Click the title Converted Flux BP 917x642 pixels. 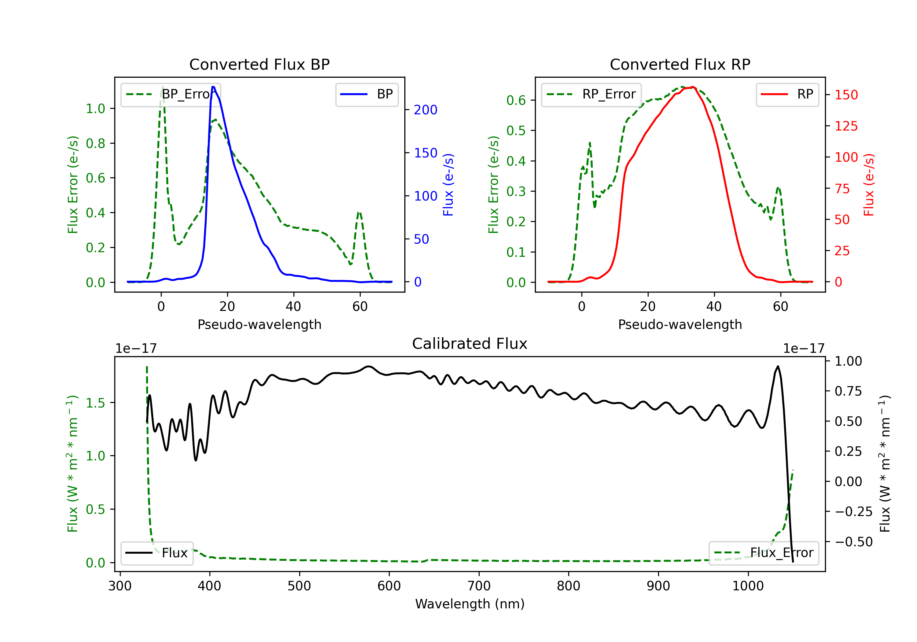point(260,64)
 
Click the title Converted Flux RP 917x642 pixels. point(680,64)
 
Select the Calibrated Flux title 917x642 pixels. point(470,344)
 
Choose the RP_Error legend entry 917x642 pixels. point(591,94)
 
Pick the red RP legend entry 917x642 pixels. point(787,94)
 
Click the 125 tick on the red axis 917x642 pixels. point(846,126)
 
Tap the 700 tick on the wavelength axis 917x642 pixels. point(479,586)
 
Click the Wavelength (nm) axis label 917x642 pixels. point(470,604)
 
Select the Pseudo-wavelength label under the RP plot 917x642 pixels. point(680,324)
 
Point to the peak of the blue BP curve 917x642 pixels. point(213,87)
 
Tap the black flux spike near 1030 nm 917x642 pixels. point(777,366)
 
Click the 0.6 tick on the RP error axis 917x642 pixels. point(516,100)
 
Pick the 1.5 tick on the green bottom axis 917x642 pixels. point(95,403)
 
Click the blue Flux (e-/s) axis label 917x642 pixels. point(448,185)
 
